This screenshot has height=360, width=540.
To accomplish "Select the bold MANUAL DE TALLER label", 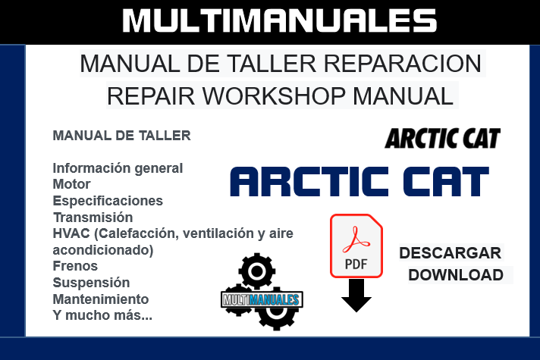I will click(121, 136).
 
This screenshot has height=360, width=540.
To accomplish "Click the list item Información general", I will click(118, 168).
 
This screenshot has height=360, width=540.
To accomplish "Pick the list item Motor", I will click(71, 184).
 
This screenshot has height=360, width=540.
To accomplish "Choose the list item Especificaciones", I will click(108, 201).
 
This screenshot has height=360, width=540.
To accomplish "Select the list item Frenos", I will click(75, 266).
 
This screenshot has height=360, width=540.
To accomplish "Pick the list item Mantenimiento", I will click(100, 299).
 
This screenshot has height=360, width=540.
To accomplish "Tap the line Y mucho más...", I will click(102, 315).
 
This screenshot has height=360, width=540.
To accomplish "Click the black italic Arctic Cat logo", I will click(443, 139).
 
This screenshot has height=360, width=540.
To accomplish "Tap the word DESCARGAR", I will click(450, 252).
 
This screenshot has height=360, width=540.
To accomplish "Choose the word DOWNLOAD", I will click(456, 274).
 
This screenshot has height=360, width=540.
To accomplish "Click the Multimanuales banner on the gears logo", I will click(262, 299).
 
